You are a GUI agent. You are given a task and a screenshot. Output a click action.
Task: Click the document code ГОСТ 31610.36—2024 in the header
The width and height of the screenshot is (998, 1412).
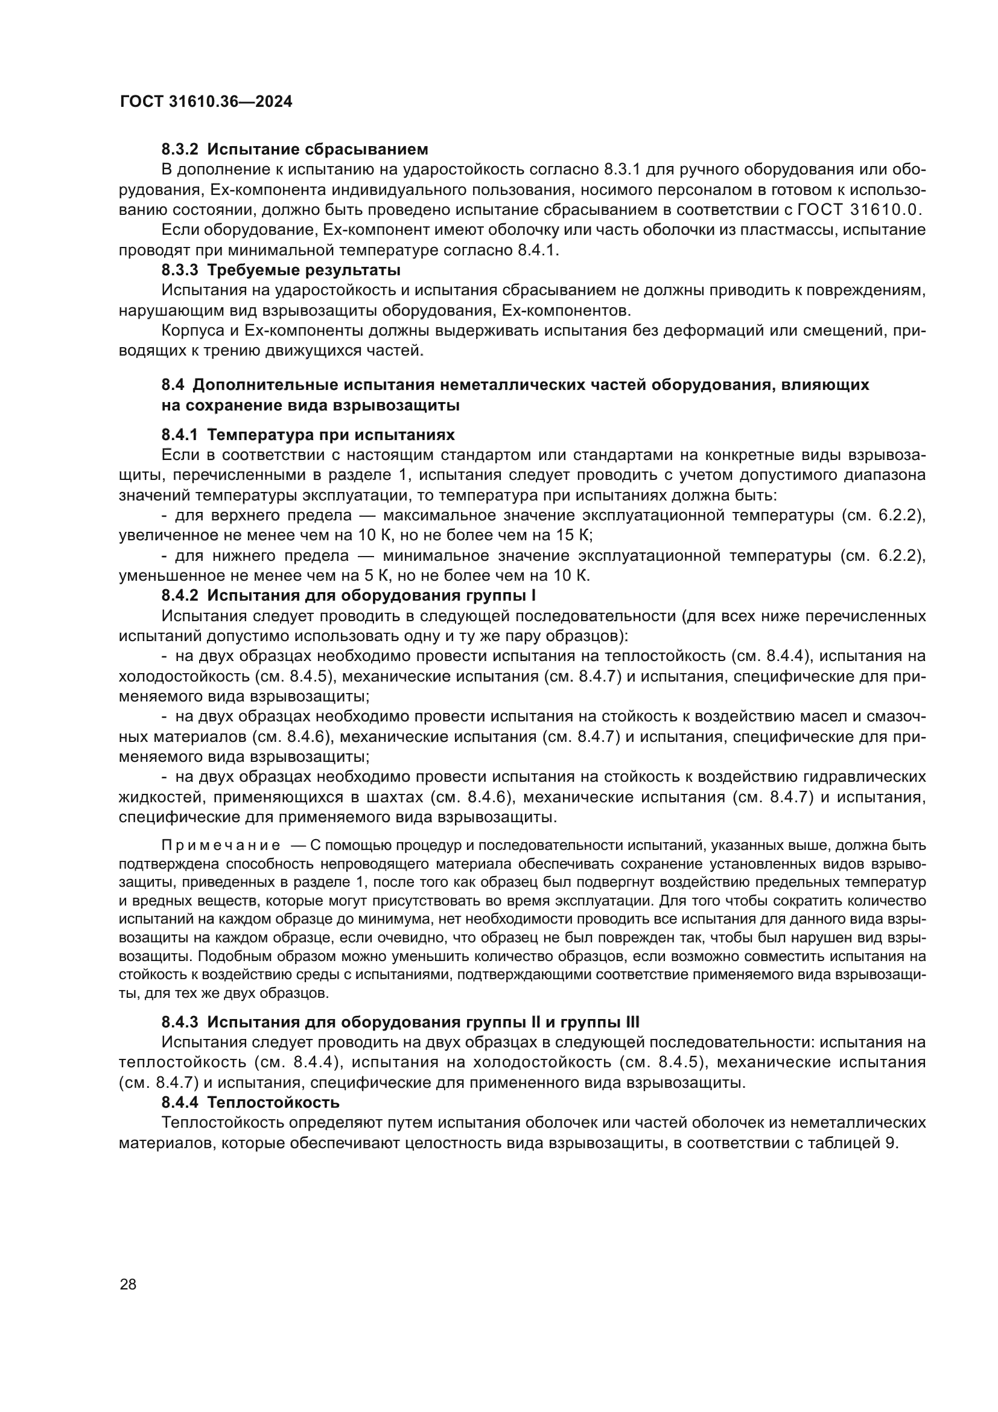(206, 102)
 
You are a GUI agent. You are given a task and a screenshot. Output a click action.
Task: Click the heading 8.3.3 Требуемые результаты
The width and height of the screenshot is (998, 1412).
(281, 270)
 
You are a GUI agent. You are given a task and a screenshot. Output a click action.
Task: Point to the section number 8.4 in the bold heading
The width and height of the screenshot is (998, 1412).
(173, 385)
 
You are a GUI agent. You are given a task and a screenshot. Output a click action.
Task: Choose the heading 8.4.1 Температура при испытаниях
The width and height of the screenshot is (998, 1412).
(308, 435)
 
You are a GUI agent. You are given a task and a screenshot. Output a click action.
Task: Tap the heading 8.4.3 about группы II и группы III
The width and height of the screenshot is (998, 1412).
(400, 1022)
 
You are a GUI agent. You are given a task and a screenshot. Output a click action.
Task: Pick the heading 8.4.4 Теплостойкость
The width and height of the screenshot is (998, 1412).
(250, 1102)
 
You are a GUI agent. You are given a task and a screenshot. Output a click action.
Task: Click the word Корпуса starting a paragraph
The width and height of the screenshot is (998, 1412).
(191, 331)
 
